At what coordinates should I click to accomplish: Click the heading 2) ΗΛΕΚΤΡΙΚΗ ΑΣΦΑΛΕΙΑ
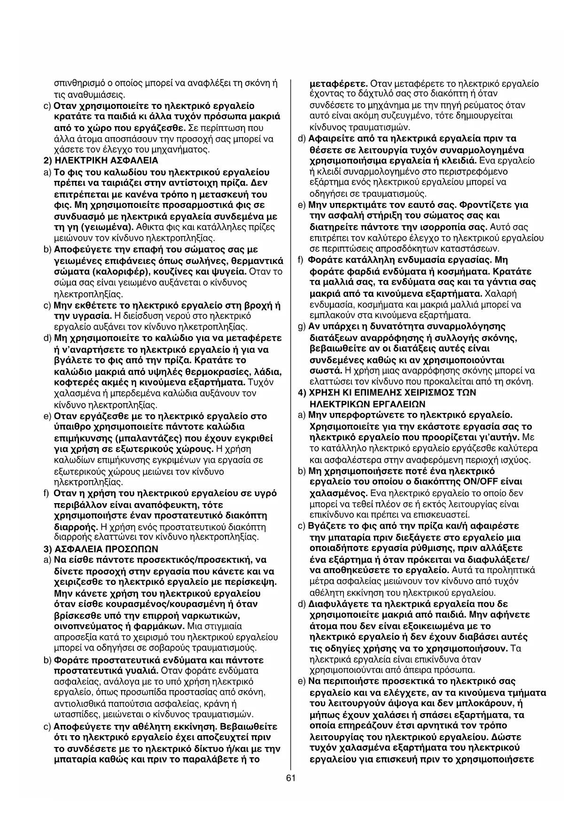point(101,161)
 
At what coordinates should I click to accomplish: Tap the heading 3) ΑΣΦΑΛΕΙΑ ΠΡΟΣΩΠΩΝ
point(101,549)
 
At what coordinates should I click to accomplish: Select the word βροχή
point(256,305)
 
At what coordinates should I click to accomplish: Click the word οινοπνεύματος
point(84,627)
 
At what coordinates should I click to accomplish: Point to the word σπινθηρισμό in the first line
point(78,84)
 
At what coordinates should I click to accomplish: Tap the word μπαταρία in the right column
point(332,537)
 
